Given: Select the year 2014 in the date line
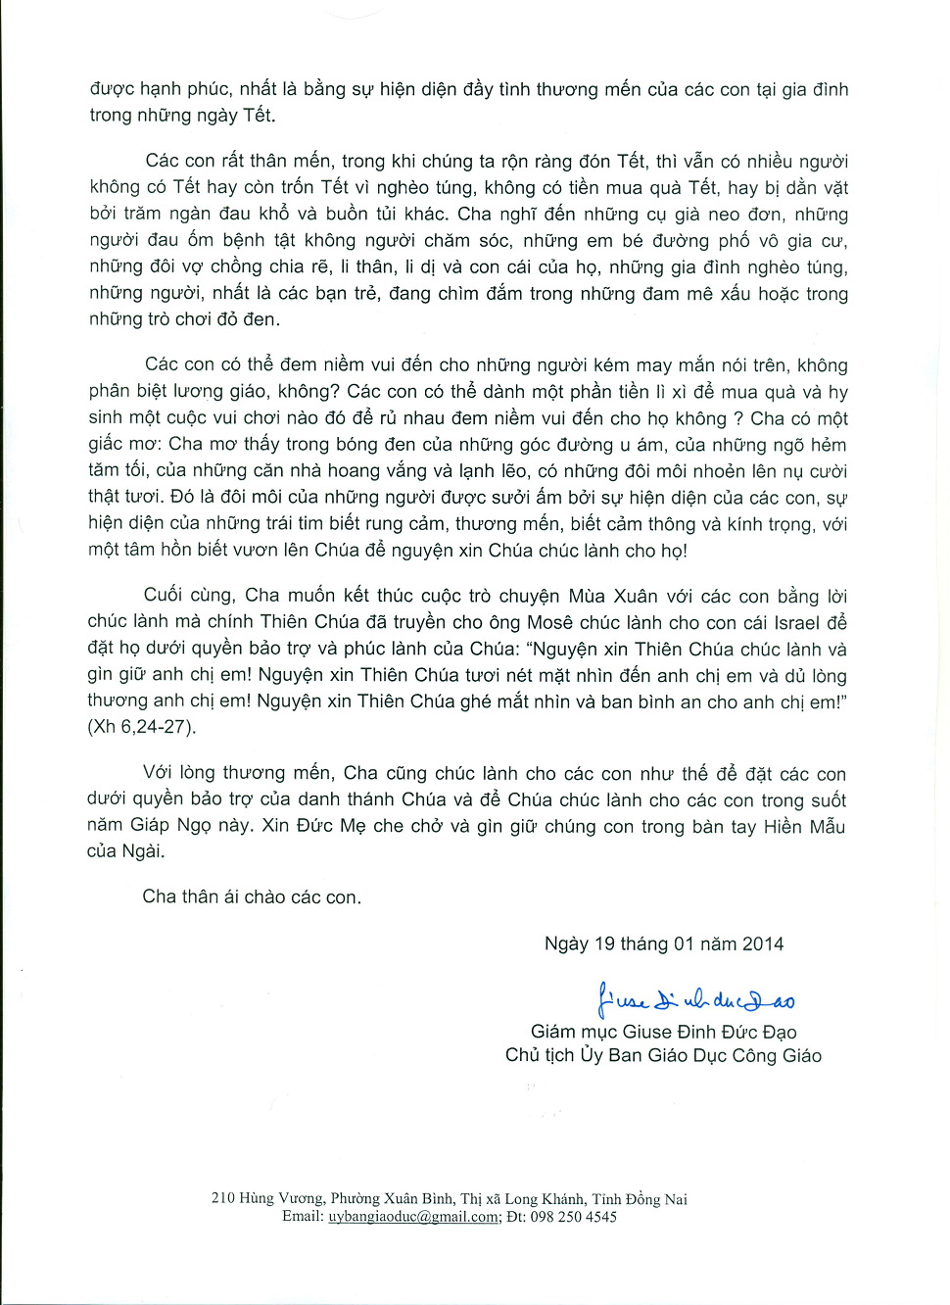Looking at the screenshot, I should tap(763, 944).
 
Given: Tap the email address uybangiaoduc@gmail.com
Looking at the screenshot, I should tap(413, 1217).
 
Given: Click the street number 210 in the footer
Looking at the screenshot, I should tap(222, 1198).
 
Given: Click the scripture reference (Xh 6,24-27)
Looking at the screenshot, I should tap(142, 727).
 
